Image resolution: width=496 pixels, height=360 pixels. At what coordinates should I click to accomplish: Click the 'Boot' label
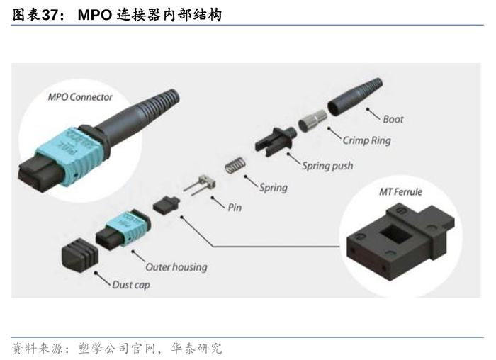coord(393,118)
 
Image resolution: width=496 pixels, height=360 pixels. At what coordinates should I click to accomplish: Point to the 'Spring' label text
coord(273,188)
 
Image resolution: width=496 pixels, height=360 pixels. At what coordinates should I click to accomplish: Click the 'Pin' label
coord(236,209)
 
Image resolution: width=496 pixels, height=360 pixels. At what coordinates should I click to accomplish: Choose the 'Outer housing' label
coord(176,267)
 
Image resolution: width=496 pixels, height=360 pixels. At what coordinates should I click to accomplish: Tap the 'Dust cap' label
coord(131,285)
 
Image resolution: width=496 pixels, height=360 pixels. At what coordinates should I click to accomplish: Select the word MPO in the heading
coord(96,13)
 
